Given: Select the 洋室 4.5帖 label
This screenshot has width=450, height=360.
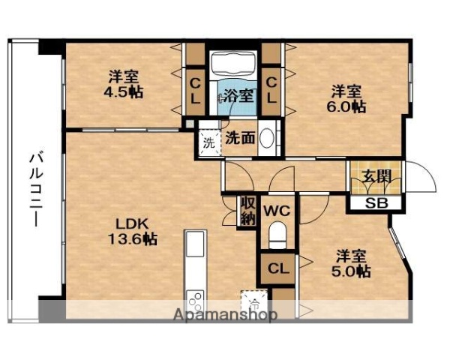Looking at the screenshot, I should [x=124, y=83].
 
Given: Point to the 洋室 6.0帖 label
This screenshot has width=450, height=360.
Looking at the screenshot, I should [x=346, y=98].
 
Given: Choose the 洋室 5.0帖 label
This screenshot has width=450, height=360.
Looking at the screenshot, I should [x=351, y=264].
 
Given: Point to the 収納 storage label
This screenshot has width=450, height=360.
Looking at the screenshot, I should [x=247, y=211].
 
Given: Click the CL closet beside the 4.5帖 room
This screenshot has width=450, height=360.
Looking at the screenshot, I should [x=195, y=90].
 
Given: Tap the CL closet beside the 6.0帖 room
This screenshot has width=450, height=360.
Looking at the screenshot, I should [x=271, y=90].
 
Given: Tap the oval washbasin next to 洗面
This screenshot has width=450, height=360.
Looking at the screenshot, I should [x=272, y=140].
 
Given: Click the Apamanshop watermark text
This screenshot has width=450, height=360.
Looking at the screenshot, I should [x=224, y=314].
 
